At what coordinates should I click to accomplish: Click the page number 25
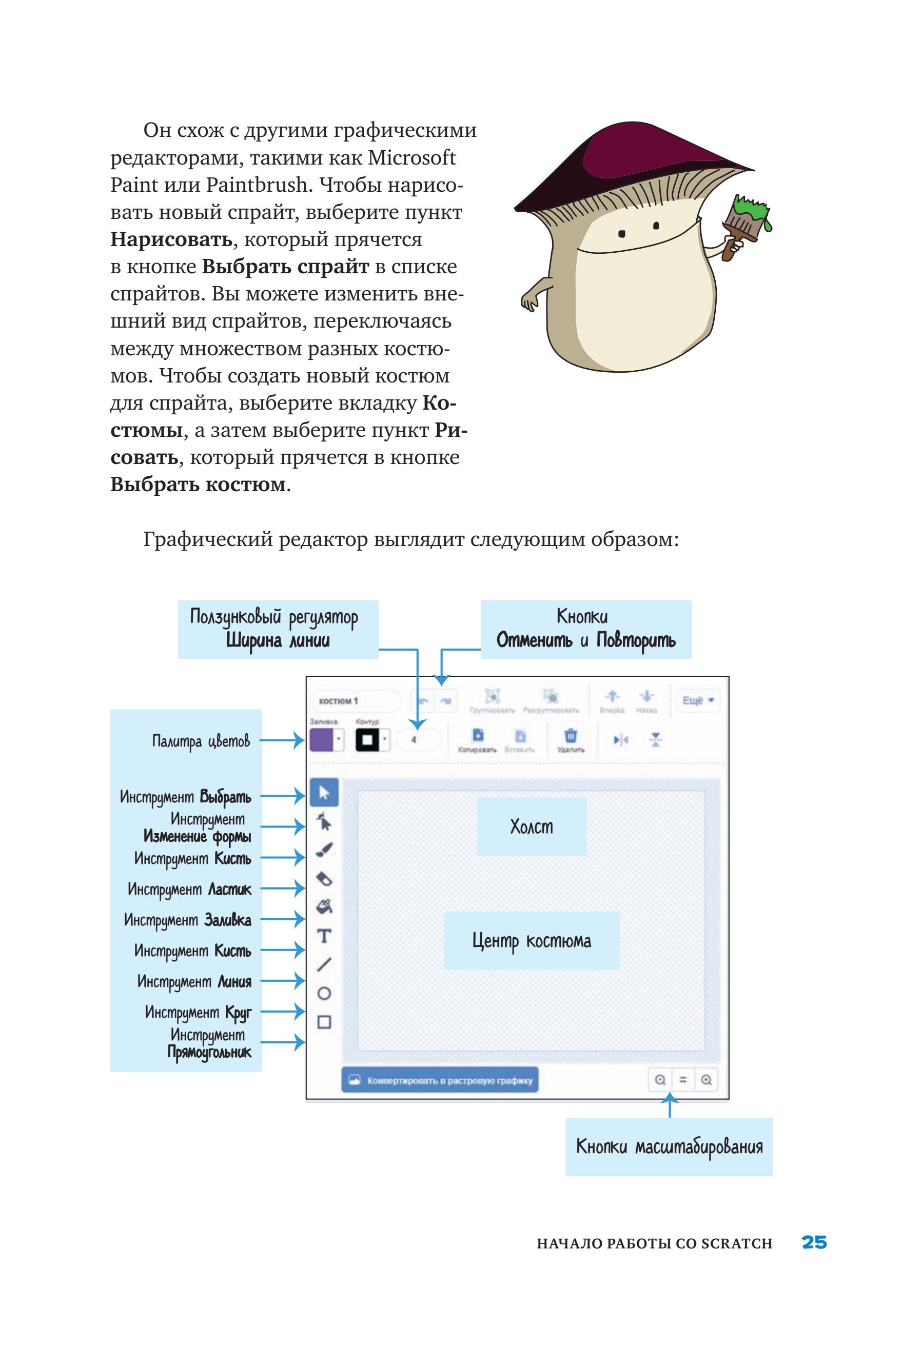[814, 1242]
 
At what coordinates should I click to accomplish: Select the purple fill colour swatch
[321, 740]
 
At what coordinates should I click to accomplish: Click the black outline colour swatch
[367, 740]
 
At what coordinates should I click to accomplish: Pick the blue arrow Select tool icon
[324, 792]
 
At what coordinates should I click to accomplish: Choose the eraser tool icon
[324, 878]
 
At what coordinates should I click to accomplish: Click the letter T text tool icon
[324, 936]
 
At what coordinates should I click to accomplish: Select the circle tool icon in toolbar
[324, 993]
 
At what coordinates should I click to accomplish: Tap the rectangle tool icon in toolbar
[324, 1022]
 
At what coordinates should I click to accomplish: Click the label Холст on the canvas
[532, 826]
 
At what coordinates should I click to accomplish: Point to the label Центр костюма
[532, 941]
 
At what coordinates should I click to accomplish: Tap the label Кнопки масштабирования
[669, 1146]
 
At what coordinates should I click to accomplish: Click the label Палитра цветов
[201, 741]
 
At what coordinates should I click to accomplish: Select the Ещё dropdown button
[697, 700]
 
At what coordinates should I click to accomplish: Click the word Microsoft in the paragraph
[412, 157]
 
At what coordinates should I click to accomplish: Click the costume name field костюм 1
[355, 701]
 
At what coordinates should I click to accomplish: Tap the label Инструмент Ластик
[189, 890]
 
